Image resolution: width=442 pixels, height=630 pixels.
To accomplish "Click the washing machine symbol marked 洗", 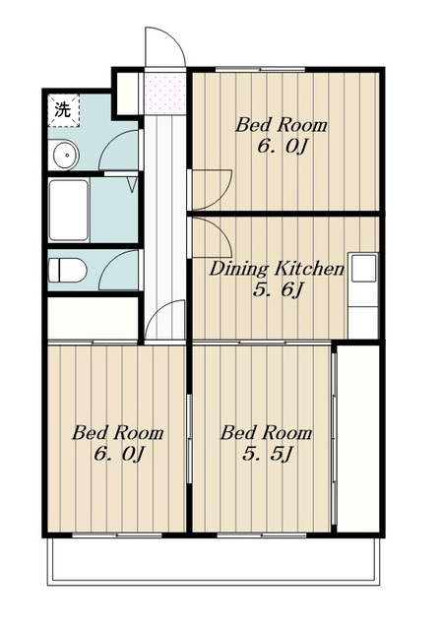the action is (x=63, y=110).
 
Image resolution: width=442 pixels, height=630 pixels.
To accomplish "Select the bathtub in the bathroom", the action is (x=68, y=210).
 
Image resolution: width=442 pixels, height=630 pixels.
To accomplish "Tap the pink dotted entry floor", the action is (x=164, y=94).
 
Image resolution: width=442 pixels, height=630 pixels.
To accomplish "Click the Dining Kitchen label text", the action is (x=277, y=269).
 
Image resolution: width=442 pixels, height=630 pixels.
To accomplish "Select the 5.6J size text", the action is (x=277, y=290).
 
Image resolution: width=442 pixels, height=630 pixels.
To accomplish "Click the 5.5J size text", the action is (x=267, y=454).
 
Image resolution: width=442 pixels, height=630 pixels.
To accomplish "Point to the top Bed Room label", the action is (x=281, y=125).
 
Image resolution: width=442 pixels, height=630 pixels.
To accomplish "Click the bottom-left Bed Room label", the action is (x=117, y=433).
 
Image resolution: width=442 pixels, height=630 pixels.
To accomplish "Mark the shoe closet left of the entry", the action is (x=127, y=94).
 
